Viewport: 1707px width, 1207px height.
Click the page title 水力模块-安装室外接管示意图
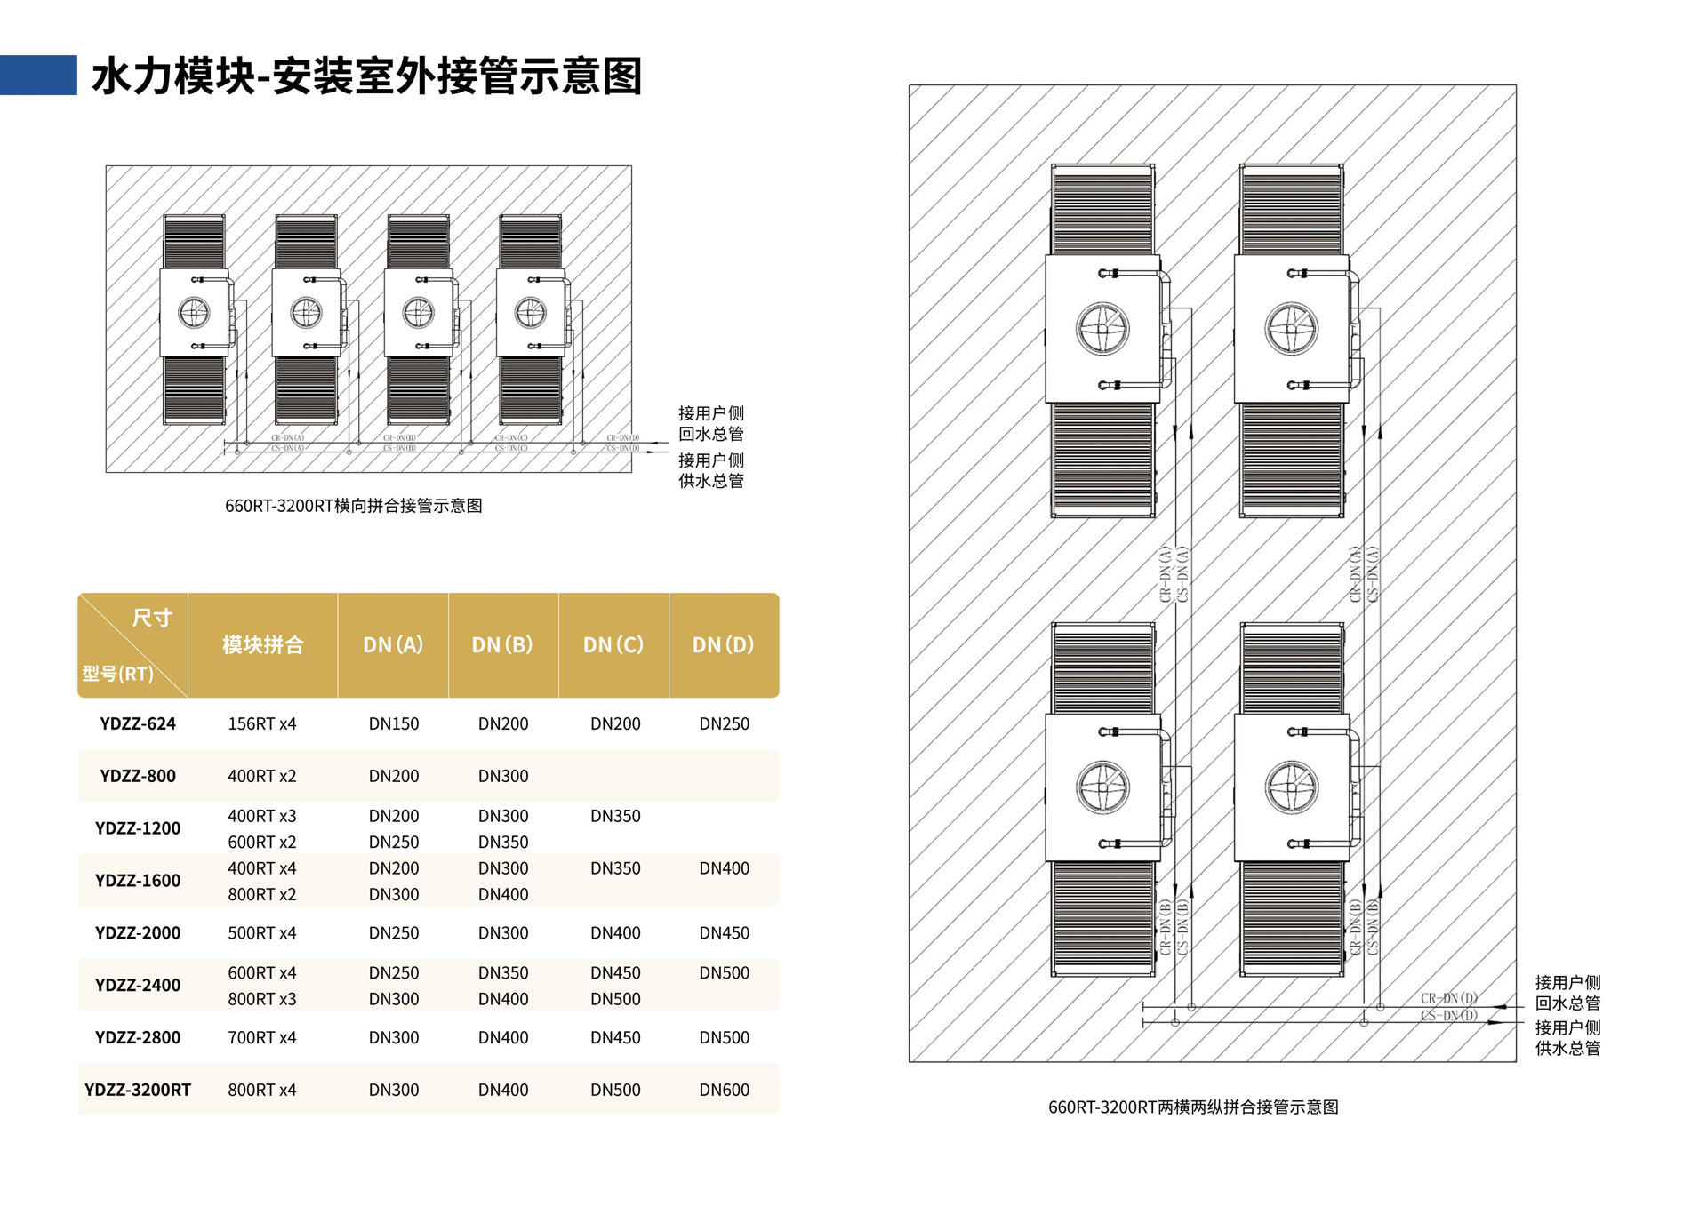(366, 76)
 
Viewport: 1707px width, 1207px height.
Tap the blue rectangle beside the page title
(38, 75)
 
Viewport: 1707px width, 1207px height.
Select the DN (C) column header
(613, 644)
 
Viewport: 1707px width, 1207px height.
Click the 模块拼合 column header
(262, 644)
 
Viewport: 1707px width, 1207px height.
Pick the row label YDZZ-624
(138, 723)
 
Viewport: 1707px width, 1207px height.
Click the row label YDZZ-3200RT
(138, 1090)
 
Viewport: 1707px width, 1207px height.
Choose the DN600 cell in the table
(724, 1090)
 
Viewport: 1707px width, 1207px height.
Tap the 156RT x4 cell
(262, 723)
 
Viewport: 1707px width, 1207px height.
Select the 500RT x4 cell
(262, 933)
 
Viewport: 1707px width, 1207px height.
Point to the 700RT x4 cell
(262, 1037)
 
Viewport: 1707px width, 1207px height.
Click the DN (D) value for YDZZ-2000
(724, 933)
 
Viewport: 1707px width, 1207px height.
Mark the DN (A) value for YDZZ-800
(393, 776)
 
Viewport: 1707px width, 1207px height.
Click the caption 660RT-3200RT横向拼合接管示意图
(353, 506)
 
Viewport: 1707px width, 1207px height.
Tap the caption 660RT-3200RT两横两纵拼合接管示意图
(1193, 1107)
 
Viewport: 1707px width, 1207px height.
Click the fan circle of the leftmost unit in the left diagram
(194, 313)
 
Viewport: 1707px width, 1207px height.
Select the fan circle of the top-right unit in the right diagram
(1291, 329)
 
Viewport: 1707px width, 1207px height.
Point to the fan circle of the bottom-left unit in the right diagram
(1102, 787)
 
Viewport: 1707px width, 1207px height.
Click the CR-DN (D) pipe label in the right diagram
(1448, 998)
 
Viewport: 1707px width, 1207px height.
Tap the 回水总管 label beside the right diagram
(1567, 1003)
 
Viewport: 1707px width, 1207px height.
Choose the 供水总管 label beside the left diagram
(710, 481)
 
